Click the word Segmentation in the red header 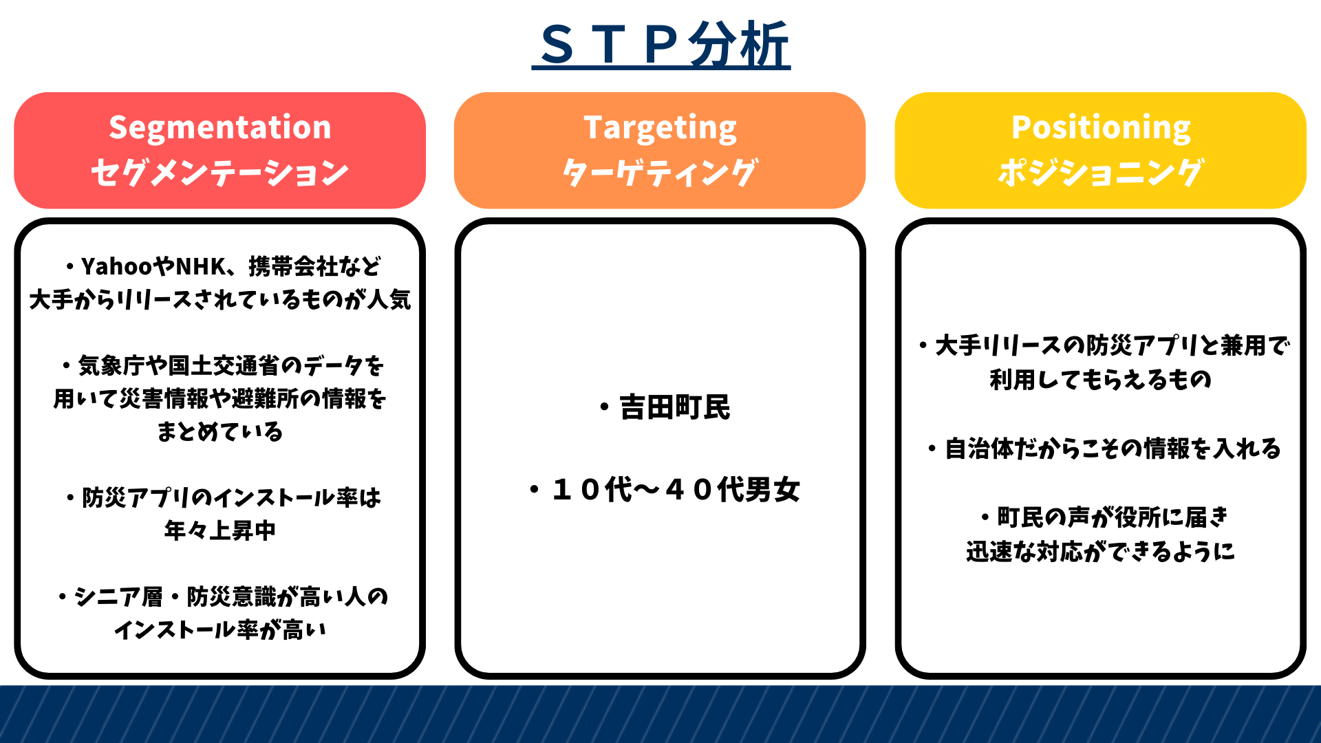[220, 127]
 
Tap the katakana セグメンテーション [220, 172]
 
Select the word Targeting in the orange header [660, 129]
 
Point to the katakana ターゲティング [660, 172]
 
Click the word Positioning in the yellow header [1101, 127]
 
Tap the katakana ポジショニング [1101, 172]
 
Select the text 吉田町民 [674, 407]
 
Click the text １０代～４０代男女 [676, 490]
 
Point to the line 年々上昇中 [220, 530]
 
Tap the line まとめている [220, 431]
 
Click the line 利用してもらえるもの [1101, 379]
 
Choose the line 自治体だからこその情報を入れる [1113, 449]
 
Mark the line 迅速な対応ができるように [1101, 551]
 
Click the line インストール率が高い [220, 629]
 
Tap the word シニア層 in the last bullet [118, 596]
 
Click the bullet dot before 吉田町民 [604, 408]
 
